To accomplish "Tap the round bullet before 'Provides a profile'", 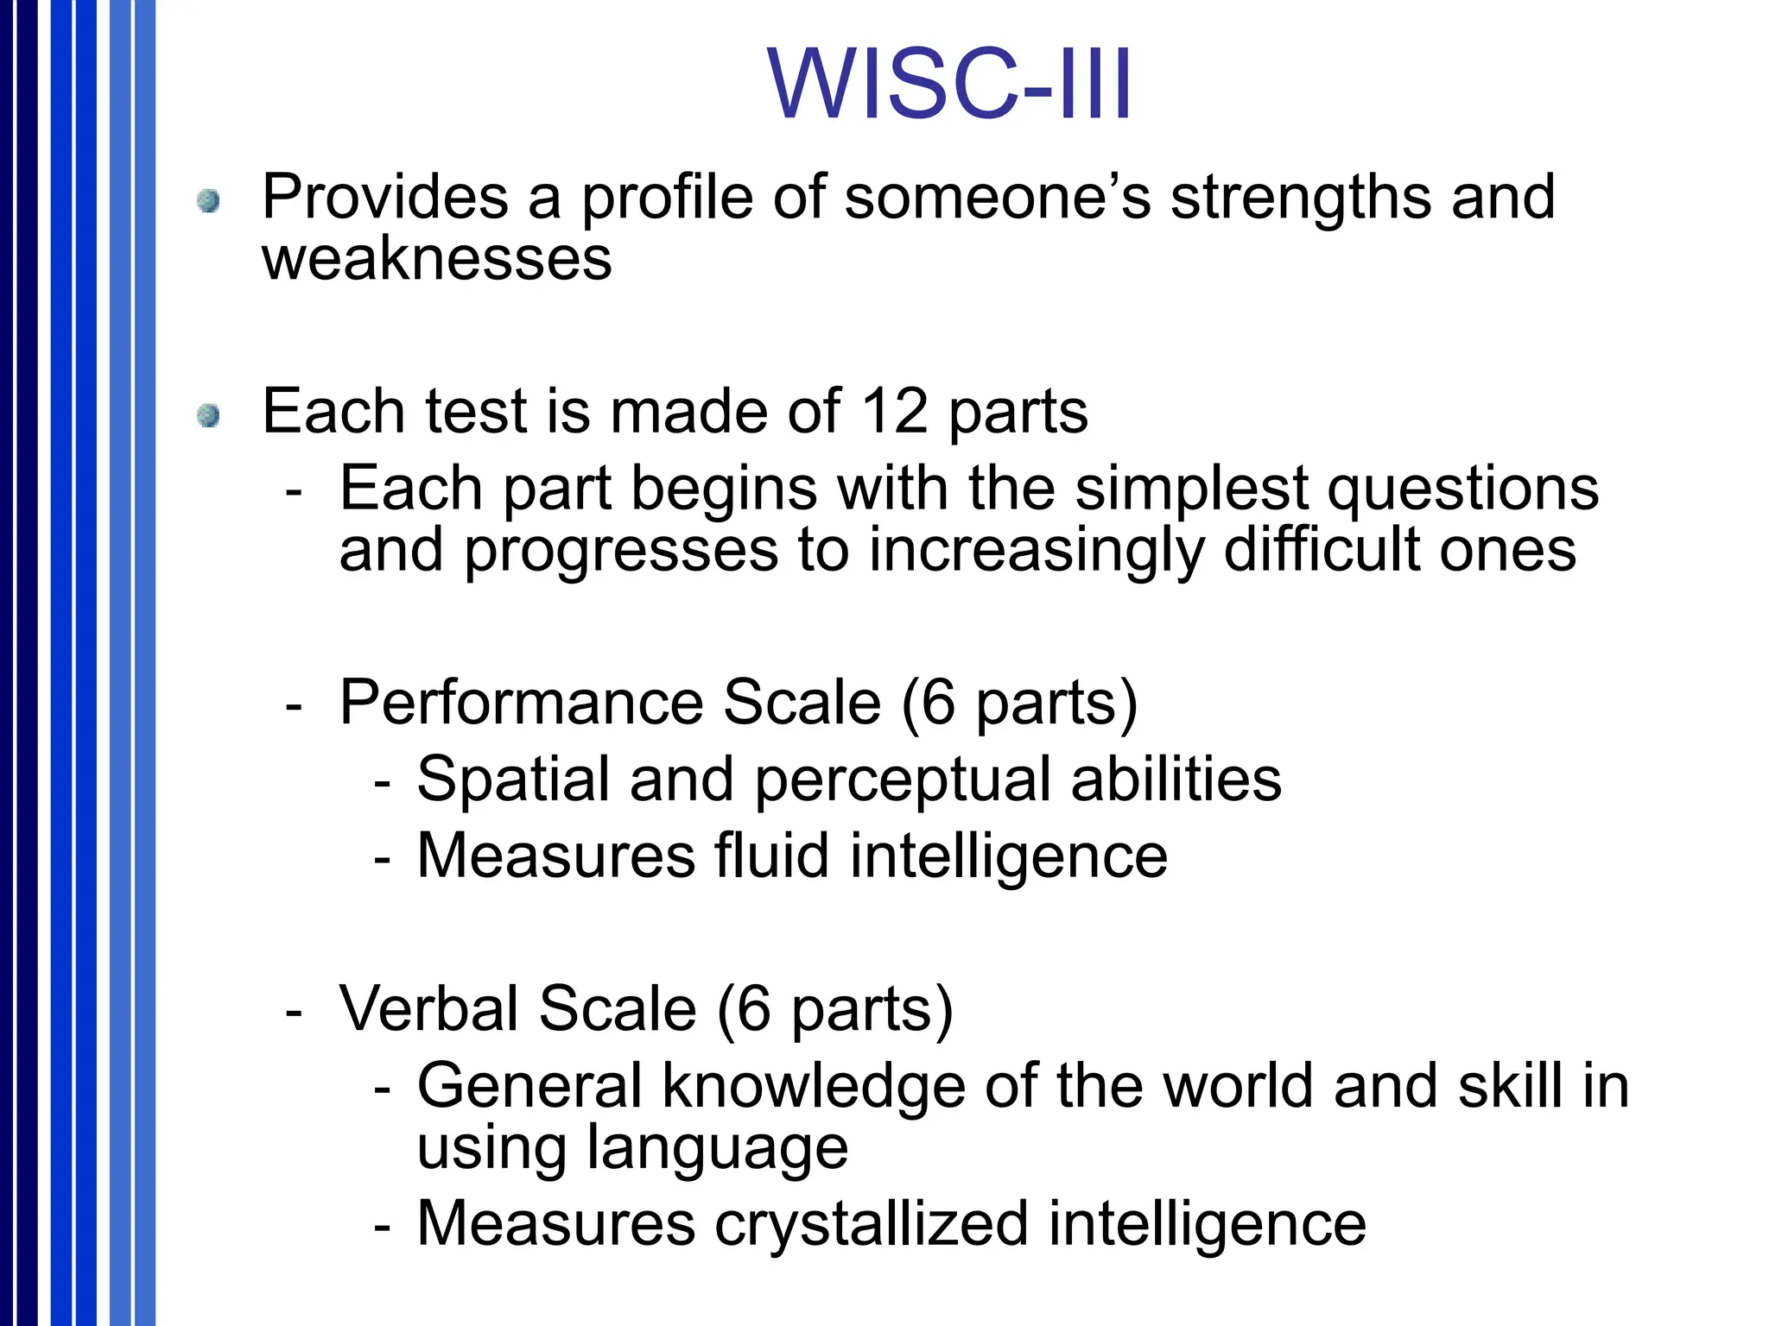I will pyautogui.click(x=208, y=202).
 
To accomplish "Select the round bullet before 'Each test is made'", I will pyautogui.click(x=208, y=416).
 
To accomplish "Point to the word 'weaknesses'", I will pyautogui.click(x=437, y=259).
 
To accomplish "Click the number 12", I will pyautogui.click(x=895, y=411).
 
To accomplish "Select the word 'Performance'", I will pyautogui.click(x=521, y=703).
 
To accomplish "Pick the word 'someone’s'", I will pyautogui.click(x=998, y=199).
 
